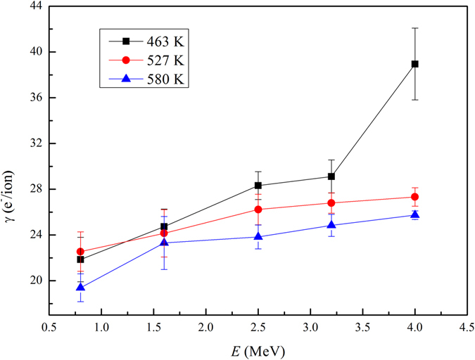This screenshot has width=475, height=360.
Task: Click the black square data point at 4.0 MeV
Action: coord(415,64)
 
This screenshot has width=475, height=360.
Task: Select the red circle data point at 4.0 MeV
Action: coord(415,197)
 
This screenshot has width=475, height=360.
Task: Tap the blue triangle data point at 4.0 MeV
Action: coord(415,214)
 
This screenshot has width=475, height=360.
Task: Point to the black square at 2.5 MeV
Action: coord(258,186)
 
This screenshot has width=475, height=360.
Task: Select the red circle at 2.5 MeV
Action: coord(258,210)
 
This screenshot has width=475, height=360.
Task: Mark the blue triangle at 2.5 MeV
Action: coord(258,236)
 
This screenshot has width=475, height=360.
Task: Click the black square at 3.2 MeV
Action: coord(331,176)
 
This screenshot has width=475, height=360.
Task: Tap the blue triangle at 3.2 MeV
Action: coord(331,225)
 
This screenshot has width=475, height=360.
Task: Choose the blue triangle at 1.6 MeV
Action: coord(164,243)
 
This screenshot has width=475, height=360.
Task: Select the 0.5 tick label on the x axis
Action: coord(49,327)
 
